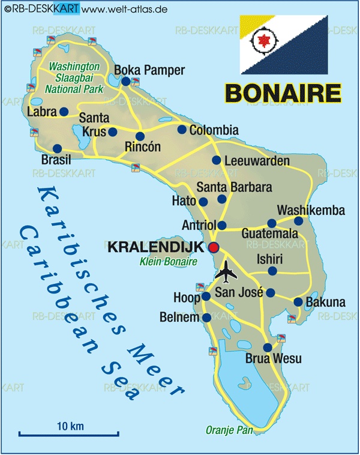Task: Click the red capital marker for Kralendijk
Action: pos(214,247)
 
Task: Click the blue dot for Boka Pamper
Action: pos(126,81)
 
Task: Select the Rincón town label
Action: pos(143,147)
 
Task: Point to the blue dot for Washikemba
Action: pos(298,221)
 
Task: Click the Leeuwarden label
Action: pos(257,161)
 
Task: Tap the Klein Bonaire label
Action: pos(168,261)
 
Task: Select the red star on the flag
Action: pos(262,42)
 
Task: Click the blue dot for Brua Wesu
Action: pos(268,347)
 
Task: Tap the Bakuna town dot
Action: pos(298,301)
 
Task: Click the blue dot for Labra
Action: pos(64,112)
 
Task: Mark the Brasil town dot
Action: pos(58,148)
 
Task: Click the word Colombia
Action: pos(214,130)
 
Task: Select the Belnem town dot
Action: pos(206,317)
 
